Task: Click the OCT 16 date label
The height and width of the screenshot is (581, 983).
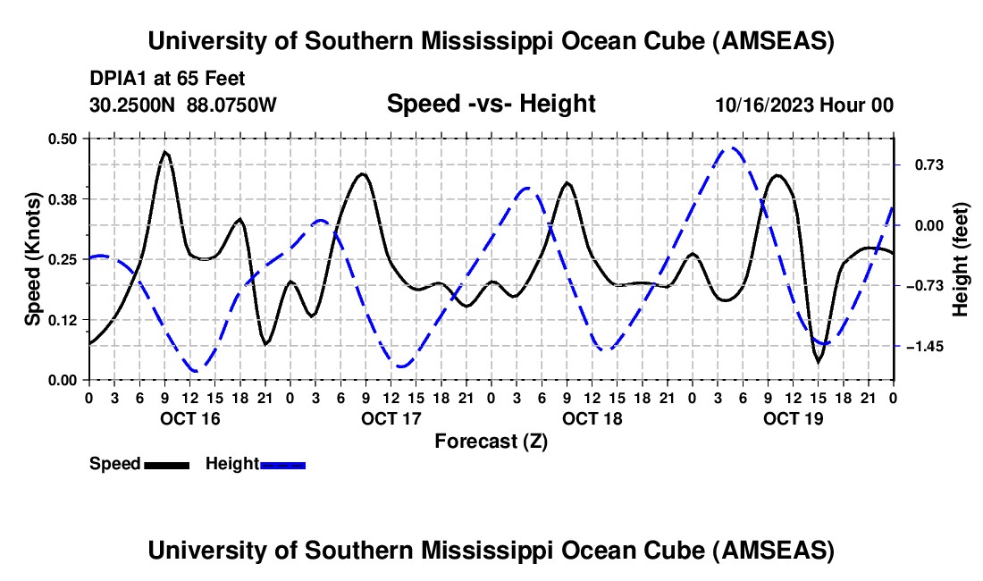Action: pos(190,418)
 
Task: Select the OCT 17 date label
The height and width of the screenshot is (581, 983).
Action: pos(391,418)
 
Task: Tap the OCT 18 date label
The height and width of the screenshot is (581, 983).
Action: pos(592,418)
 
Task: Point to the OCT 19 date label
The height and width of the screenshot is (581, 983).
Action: pos(794,418)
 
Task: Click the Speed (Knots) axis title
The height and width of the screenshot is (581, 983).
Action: pos(32,259)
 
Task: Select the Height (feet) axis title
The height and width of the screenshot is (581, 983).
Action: pos(961,259)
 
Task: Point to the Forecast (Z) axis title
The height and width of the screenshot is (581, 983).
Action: pos(491,441)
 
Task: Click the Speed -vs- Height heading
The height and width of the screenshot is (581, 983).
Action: pos(491,104)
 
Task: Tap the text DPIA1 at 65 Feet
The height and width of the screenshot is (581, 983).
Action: pos(167,79)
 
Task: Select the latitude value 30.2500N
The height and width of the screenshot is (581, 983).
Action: pos(133,105)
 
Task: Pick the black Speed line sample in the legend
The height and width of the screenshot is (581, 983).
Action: pos(166,464)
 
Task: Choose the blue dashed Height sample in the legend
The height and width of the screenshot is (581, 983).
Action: pos(282,464)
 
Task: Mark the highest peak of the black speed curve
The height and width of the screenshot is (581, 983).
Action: pos(165,152)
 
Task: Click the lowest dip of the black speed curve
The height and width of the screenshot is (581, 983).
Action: pos(817,361)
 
